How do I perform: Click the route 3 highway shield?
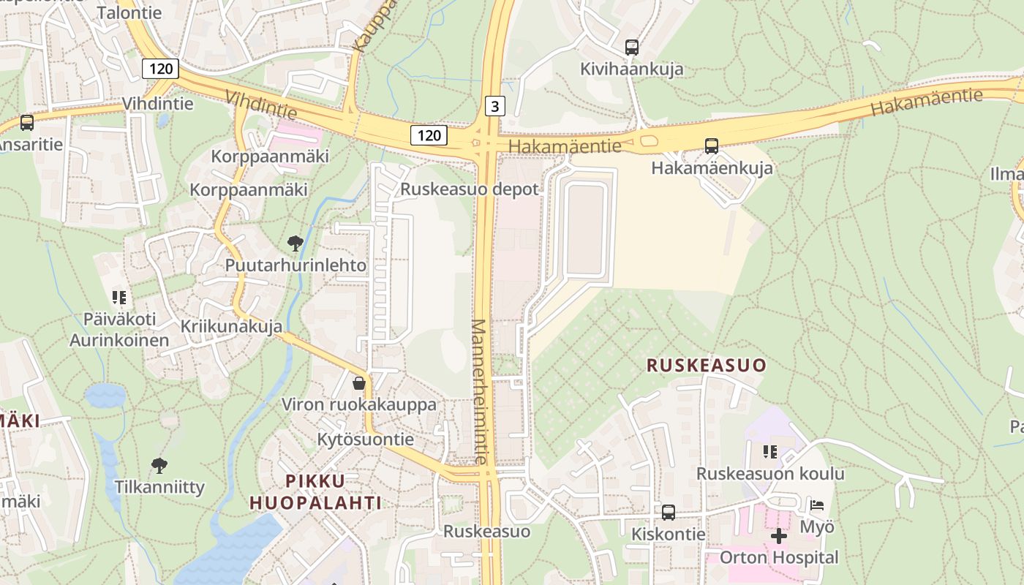coord(495,107)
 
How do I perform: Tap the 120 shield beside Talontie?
coord(159,69)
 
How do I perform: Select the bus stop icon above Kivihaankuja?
coord(632,48)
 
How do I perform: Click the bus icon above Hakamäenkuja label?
coord(712,146)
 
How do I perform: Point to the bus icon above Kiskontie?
coord(669,513)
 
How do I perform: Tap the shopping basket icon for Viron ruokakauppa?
coord(359,382)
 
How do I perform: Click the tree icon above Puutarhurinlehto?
coord(295,243)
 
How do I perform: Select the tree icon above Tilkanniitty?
coord(159,465)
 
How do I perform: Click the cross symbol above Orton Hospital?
coord(779,536)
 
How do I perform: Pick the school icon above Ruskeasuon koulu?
coord(769,452)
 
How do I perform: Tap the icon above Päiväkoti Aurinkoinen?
coord(119,297)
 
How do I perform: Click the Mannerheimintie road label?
coord(479,392)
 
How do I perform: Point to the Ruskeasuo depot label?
coord(469,189)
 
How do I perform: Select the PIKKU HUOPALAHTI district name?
coord(315,491)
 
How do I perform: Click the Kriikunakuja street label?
coord(231,326)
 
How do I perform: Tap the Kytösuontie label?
coord(365,439)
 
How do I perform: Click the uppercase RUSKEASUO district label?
coord(707,366)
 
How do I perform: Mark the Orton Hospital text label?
coord(779,557)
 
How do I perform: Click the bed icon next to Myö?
coord(817,505)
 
